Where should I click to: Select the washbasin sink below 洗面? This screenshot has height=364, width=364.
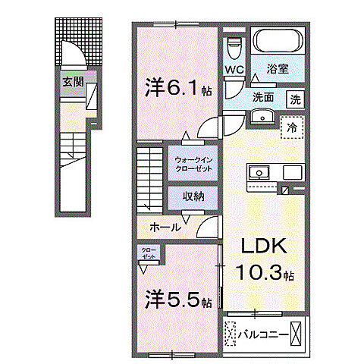click(262, 116)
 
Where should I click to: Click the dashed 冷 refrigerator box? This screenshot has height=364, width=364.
click(291, 128)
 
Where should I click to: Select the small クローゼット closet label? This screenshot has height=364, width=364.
click(147, 253)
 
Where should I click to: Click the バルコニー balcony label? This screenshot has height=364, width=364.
click(263, 333)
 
